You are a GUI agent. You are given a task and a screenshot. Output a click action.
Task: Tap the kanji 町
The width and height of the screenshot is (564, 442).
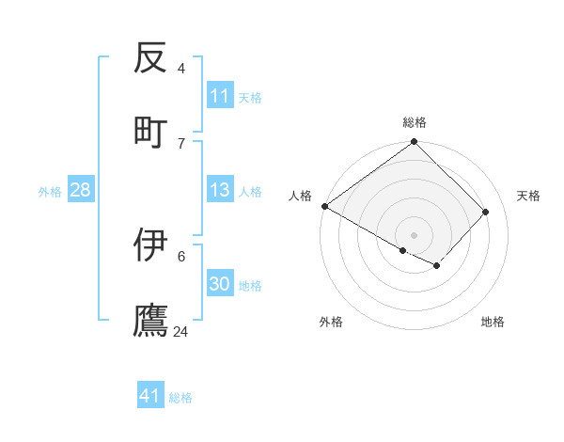click(150, 131)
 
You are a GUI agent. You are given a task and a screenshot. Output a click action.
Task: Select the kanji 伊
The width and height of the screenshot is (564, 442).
click(150, 245)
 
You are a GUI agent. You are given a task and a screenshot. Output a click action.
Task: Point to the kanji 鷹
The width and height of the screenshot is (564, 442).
click(150, 320)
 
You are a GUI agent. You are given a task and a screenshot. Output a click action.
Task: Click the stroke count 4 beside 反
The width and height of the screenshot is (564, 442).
click(181, 69)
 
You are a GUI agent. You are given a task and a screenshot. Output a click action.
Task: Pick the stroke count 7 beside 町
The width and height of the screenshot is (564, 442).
click(181, 143)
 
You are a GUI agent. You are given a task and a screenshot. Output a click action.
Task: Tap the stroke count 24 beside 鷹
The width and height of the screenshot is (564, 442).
click(181, 332)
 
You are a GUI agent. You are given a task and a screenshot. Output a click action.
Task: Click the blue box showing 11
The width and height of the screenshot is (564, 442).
click(220, 96)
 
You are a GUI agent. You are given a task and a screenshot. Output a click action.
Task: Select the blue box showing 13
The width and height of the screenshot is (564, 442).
click(220, 190)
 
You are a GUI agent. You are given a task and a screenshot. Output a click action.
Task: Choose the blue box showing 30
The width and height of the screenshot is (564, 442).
click(220, 284)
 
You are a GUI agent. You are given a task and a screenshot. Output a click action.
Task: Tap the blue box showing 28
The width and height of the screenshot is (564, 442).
click(81, 190)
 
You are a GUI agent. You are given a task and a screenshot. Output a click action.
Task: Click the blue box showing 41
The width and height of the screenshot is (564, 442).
click(150, 396)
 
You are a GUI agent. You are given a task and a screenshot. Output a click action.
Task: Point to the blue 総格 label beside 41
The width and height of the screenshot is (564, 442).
click(180, 398)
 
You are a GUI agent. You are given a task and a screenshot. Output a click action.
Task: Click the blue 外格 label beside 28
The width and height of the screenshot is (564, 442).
click(50, 192)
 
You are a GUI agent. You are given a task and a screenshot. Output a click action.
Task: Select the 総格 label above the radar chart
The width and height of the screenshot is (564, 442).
click(415, 122)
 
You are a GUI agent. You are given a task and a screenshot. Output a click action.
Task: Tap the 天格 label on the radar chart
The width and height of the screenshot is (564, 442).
click(528, 196)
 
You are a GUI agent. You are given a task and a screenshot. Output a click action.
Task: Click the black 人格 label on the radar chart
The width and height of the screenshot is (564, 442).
click(300, 196)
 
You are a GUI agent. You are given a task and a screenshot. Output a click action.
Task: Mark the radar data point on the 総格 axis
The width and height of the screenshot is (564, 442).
click(415, 143)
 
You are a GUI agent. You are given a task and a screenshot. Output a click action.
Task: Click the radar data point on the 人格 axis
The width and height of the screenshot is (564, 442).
click(324, 206)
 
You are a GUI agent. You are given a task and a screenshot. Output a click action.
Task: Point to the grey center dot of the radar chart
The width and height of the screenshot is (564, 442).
click(415, 234)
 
